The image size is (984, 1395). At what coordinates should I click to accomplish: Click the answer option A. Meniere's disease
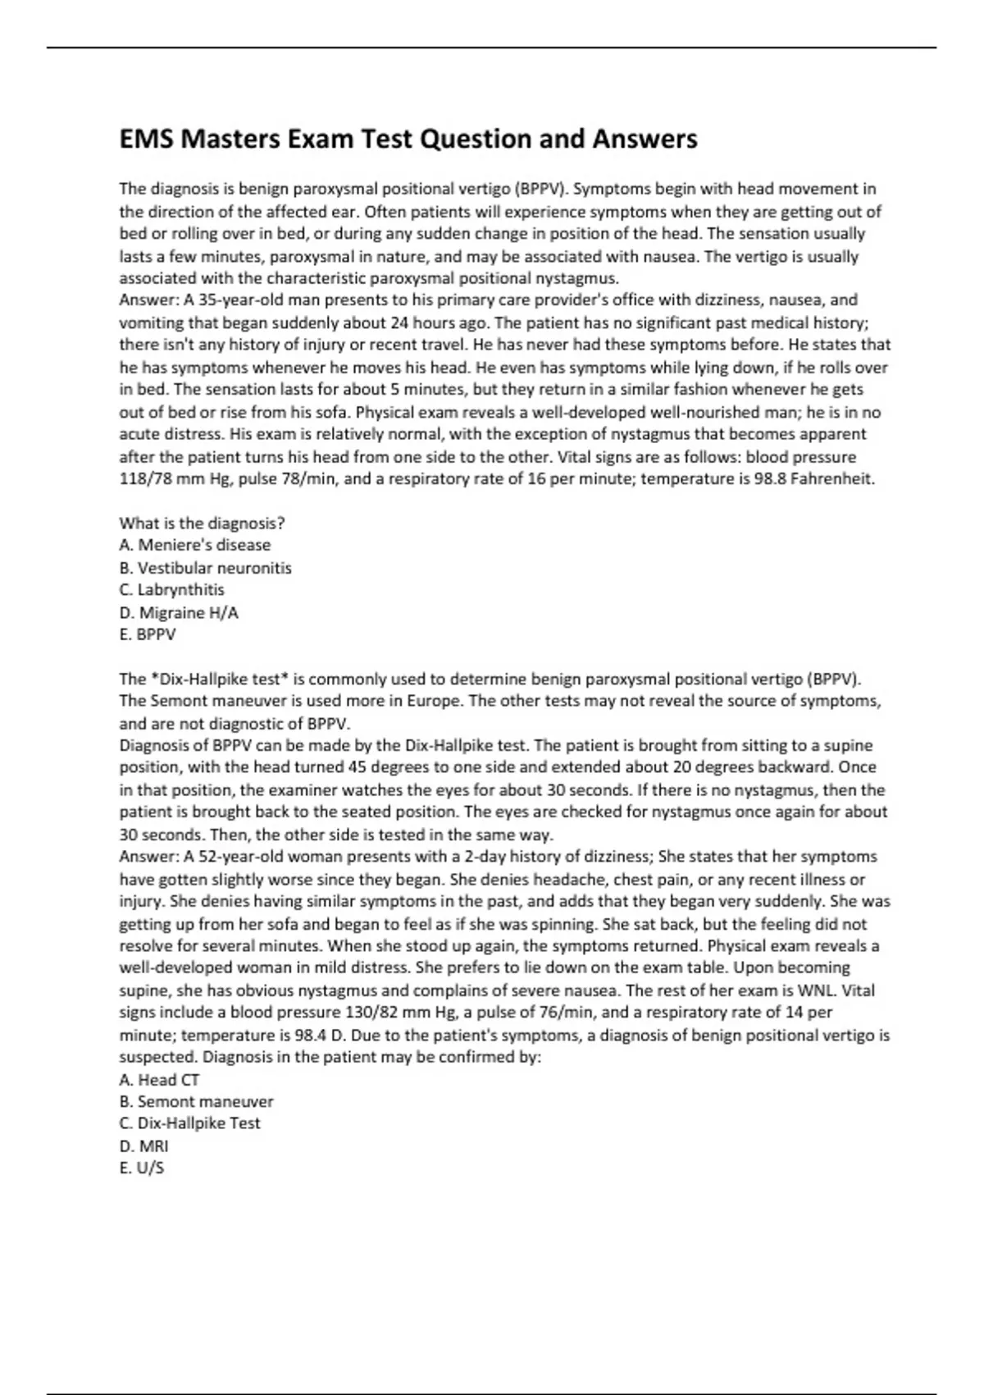pos(194,545)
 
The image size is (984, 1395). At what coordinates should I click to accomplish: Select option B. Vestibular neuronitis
pos(205,568)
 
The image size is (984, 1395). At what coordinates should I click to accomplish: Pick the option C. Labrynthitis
pos(171,590)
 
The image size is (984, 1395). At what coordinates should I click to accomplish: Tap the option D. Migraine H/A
pos(179,612)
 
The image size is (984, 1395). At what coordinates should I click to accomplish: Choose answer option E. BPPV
pos(148,634)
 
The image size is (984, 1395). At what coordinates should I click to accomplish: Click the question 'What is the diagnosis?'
pos(202,523)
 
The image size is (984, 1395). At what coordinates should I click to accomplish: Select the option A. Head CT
pos(159,1080)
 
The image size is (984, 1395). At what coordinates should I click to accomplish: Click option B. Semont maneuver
pos(196,1102)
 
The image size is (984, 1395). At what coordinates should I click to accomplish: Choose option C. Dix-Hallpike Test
pos(189,1123)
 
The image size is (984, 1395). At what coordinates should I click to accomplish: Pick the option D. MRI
pos(143,1146)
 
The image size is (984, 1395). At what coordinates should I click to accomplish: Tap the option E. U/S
pos(142,1168)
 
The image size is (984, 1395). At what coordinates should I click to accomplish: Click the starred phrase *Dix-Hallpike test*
pos(219,679)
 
